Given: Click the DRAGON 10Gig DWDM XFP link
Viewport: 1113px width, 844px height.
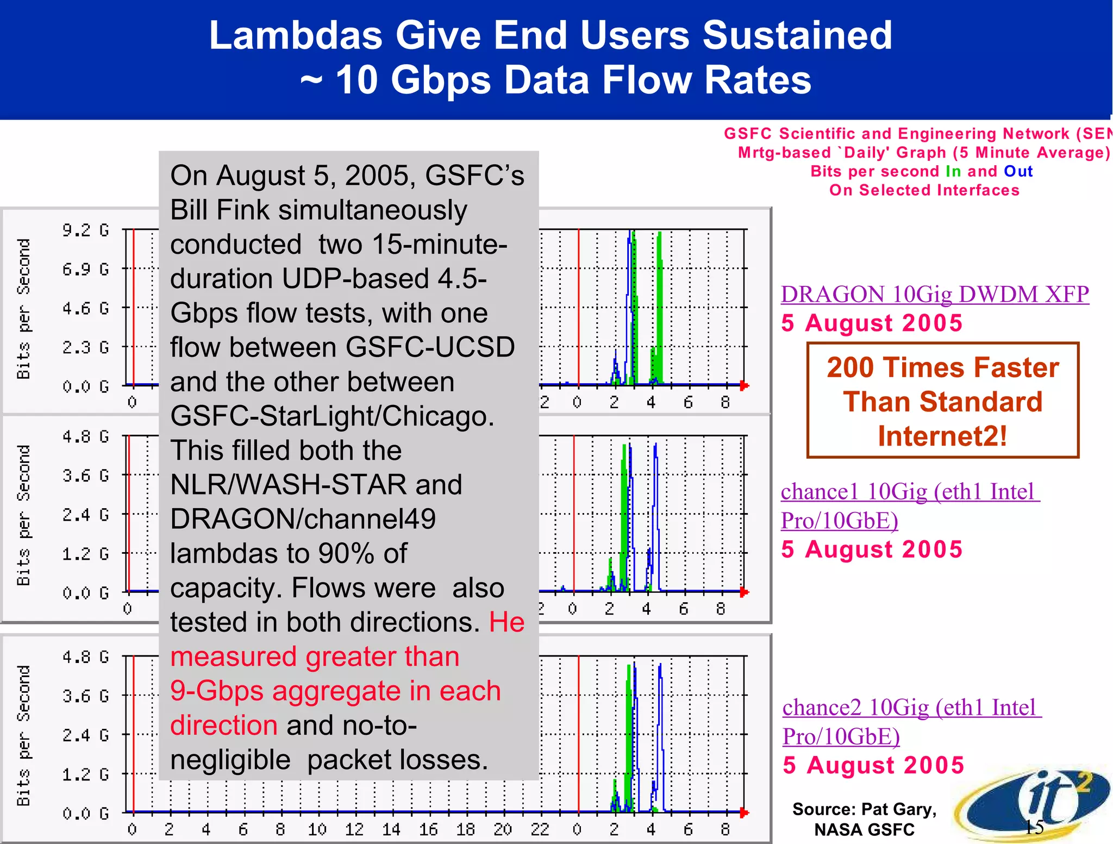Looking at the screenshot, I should (x=934, y=294).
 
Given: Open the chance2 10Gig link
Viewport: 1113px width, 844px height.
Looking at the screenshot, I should (x=911, y=708).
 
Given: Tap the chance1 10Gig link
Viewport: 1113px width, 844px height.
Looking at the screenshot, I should (x=910, y=492).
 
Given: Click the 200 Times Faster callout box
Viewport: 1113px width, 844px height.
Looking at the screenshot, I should (x=942, y=401).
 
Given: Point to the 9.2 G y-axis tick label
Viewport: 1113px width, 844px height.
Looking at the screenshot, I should (x=85, y=230).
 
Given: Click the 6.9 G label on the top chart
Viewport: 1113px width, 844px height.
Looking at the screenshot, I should (x=85, y=270).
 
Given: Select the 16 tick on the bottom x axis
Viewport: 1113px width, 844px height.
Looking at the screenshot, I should (x=428, y=829).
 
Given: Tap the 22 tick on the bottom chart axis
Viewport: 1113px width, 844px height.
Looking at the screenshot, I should (x=540, y=829).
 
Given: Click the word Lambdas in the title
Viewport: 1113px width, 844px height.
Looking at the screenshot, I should (x=296, y=35).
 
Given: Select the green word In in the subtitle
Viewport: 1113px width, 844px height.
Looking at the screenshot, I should (x=953, y=171).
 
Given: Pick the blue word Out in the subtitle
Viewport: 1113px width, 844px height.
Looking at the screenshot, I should (x=1018, y=171).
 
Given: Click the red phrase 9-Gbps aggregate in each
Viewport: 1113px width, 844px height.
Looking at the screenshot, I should (x=335, y=691).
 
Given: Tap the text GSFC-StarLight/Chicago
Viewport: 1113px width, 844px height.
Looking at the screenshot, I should (x=332, y=416).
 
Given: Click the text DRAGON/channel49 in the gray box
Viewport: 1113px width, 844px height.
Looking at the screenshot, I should (x=303, y=519).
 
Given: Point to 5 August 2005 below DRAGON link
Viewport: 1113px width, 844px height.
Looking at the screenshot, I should (x=872, y=323).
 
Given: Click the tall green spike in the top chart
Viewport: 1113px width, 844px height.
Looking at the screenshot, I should (x=659, y=304).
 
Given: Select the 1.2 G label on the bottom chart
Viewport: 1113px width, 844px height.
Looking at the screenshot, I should (x=85, y=774).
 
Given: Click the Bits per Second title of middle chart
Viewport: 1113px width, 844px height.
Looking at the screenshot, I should (x=23, y=515).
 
